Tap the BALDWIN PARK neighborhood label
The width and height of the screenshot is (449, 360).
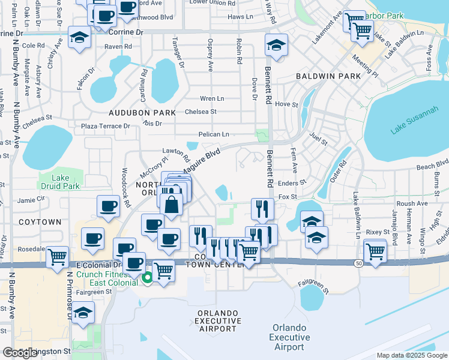[328, 76]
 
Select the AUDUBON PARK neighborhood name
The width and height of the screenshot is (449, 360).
[142, 112]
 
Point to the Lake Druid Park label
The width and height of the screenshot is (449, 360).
[57, 181]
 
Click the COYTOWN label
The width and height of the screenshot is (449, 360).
[40, 222]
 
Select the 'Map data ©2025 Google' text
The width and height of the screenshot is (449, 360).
[411, 355]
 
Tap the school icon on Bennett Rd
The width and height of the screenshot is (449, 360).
[276, 46]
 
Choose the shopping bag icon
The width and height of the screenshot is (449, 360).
[172, 204]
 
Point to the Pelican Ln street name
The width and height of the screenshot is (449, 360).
[217, 134]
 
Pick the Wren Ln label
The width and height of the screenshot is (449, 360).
[212, 98]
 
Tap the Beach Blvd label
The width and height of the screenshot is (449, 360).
[432, 164]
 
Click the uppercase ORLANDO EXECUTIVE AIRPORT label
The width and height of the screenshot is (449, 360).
[217, 321]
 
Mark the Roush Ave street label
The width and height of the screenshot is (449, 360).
[412, 203]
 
